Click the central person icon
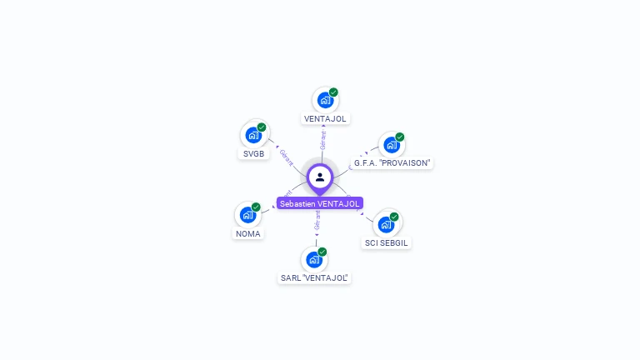(x=320, y=177)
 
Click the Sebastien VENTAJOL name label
(x=320, y=203)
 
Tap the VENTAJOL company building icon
(x=325, y=100)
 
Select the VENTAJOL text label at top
(x=325, y=119)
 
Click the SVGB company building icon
(x=253, y=135)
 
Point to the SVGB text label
(x=253, y=154)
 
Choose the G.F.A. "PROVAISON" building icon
(x=392, y=145)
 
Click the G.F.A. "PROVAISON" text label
(x=392, y=163)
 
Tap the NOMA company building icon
(x=247, y=214)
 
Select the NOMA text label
(x=247, y=234)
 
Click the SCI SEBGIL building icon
(x=386, y=224)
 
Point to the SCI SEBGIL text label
(x=387, y=243)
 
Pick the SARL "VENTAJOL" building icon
(x=314, y=259)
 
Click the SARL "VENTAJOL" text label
(x=314, y=278)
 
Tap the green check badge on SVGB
(x=262, y=127)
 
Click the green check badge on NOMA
(x=256, y=207)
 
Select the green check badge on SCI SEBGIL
(x=394, y=217)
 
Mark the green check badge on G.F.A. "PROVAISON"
(x=400, y=137)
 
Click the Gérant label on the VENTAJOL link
(x=322, y=139)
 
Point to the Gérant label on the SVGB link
(x=287, y=156)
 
